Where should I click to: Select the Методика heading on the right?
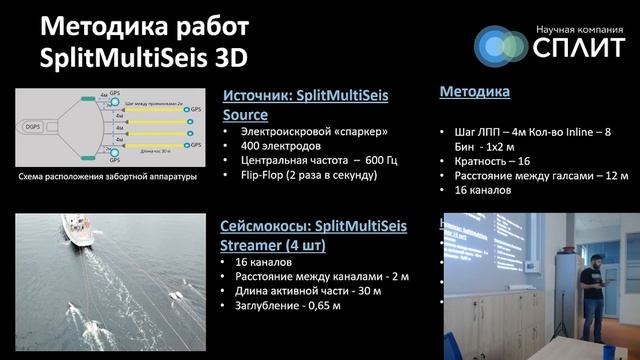pos(475,92)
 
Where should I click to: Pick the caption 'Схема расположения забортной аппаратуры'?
pos(109,178)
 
